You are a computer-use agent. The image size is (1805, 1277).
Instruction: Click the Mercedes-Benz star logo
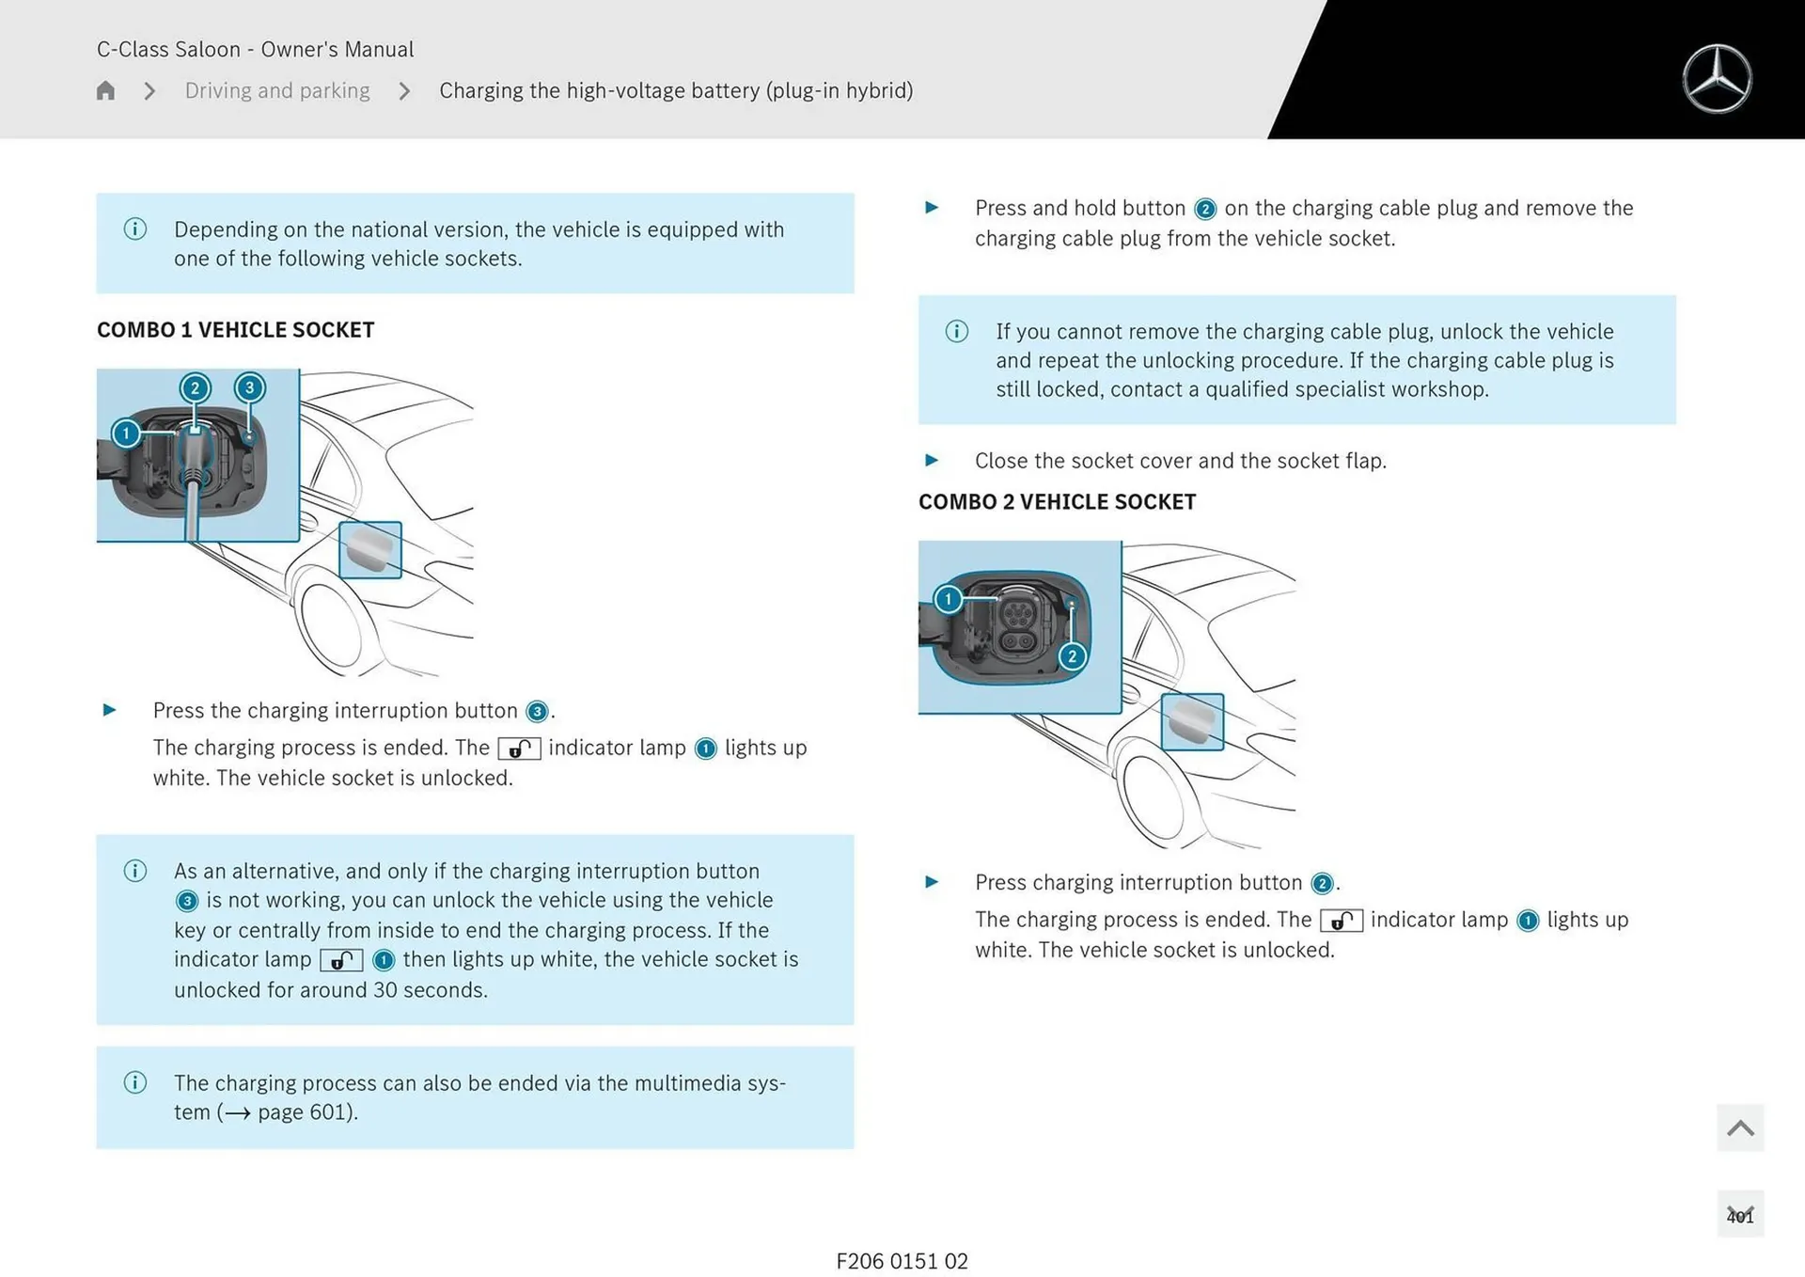click(1717, 79)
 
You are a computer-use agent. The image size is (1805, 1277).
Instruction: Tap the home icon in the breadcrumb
click(105, 90)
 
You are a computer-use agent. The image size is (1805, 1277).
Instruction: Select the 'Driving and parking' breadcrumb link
click(277, 90)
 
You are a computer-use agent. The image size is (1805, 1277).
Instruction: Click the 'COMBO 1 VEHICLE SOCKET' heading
click(235, 330)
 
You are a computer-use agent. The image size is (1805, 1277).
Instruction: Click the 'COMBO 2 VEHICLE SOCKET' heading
click(1057, 502)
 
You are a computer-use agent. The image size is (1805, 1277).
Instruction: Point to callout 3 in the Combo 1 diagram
click(249, 387)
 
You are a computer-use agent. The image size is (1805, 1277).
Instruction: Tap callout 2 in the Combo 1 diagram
click(195, 387)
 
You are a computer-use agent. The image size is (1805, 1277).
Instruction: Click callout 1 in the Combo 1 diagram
click(126, 434)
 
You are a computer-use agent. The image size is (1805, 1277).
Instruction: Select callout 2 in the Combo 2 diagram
click(1072, 656)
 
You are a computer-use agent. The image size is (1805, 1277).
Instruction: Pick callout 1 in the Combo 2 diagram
click(949, 599)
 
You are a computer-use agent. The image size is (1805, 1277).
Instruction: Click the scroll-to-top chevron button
click(1740, 1127)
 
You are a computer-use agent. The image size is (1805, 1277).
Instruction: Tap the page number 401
click(1740, 1216)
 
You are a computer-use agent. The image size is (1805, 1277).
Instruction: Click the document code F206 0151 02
click(902, 1261)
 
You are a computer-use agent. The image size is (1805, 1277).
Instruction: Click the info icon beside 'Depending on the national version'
click(135, 229)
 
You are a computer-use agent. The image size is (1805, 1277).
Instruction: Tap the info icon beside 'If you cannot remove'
click(957, 331)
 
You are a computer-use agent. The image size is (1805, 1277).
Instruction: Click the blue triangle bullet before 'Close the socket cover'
click(932, 461)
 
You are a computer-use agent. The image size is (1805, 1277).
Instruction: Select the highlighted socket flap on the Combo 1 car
click(370, 550)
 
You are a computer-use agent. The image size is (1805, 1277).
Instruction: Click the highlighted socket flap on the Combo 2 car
click(1193, 722)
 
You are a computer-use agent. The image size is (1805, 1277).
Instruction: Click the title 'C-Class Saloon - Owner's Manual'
click(255, 49)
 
